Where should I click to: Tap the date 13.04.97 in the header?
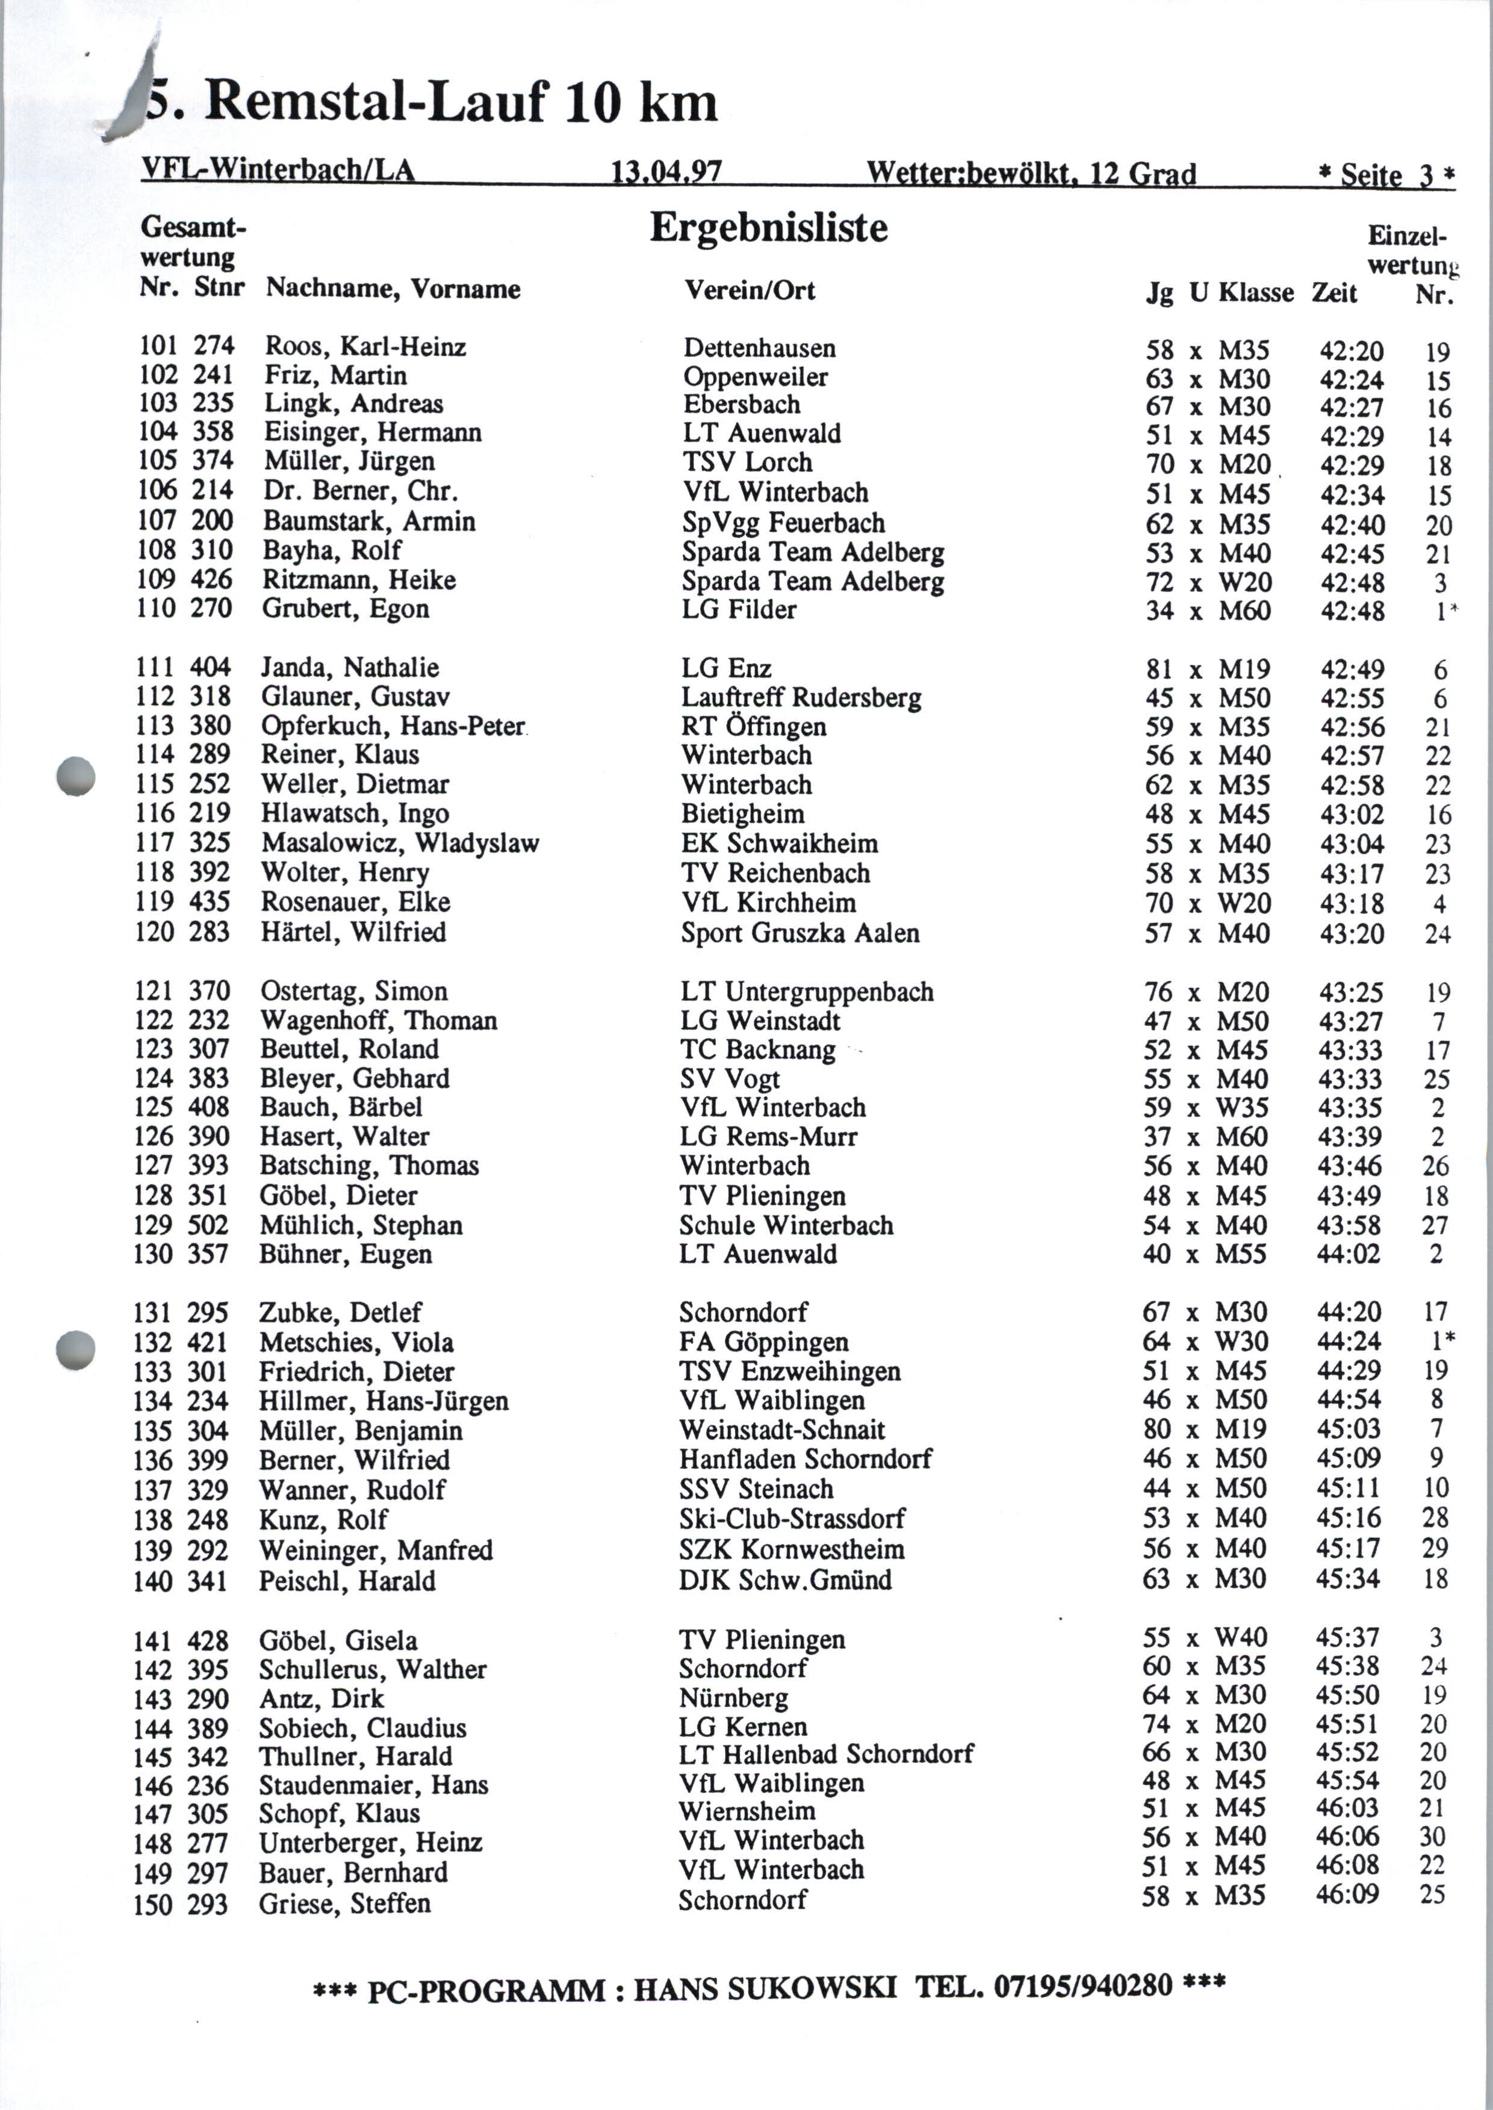(x=666, y=172)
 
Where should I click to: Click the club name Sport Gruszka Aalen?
(x=800, y=933)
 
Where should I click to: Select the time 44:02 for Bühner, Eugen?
(x=1349, y=1254)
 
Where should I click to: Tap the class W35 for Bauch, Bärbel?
(x=1241, y=1108)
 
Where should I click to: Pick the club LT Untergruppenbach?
(x=806, y=992)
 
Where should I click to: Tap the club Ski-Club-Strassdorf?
(x=792, y=1518)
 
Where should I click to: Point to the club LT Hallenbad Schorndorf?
(x=825, y=1754)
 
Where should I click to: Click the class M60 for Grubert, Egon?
(x=1245, y=609)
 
